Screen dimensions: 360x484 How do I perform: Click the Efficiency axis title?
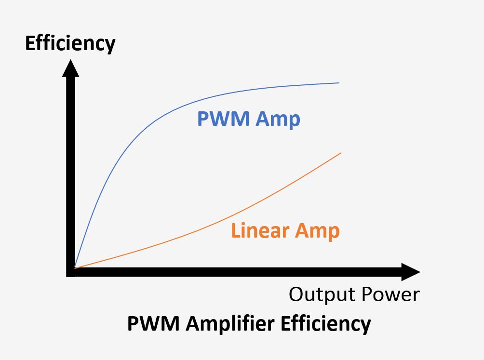pyautogui.click(x=70, y=43)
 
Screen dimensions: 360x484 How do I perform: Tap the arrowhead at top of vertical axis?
pyautogui.click(x=70, y=67)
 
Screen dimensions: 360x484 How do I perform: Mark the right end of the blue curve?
pyautogui.click(x=339, y=83)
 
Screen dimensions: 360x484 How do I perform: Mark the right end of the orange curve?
pyautogui.click(x=340, y=153)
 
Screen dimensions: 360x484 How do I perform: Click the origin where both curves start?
pyautogui.click(x=75, y=267)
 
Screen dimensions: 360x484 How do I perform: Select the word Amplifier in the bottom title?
pyautogui.click(x=226, y=324)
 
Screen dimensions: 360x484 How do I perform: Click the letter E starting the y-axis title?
pyautogui.click(x=30, y=43)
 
